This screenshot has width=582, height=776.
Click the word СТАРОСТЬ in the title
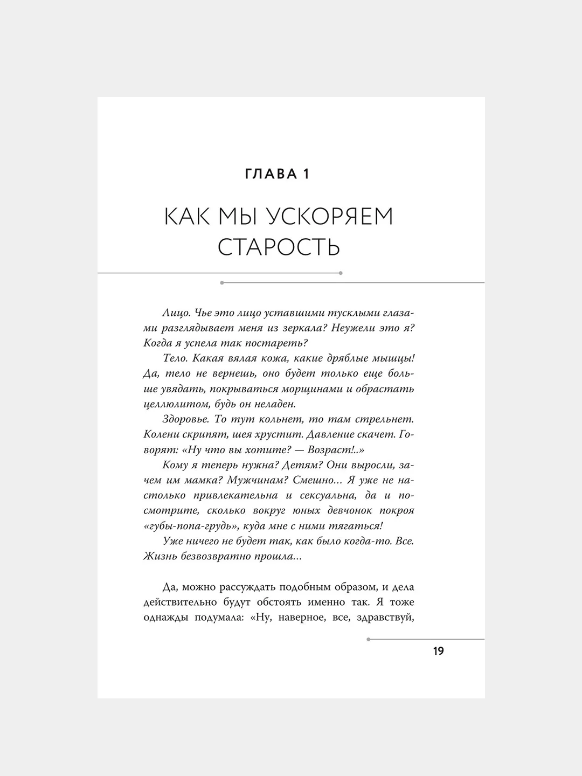pyautogui.click(x=279, y=247)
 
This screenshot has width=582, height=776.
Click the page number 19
pyautogui.click(x=438, y=651)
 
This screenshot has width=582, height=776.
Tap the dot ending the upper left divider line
pyautogui.click(x=341, y=273)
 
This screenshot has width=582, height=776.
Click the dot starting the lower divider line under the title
pyautogui.click(x=222, y=282)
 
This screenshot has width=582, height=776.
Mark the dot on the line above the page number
pyautogui.click(x=368, y=640)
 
